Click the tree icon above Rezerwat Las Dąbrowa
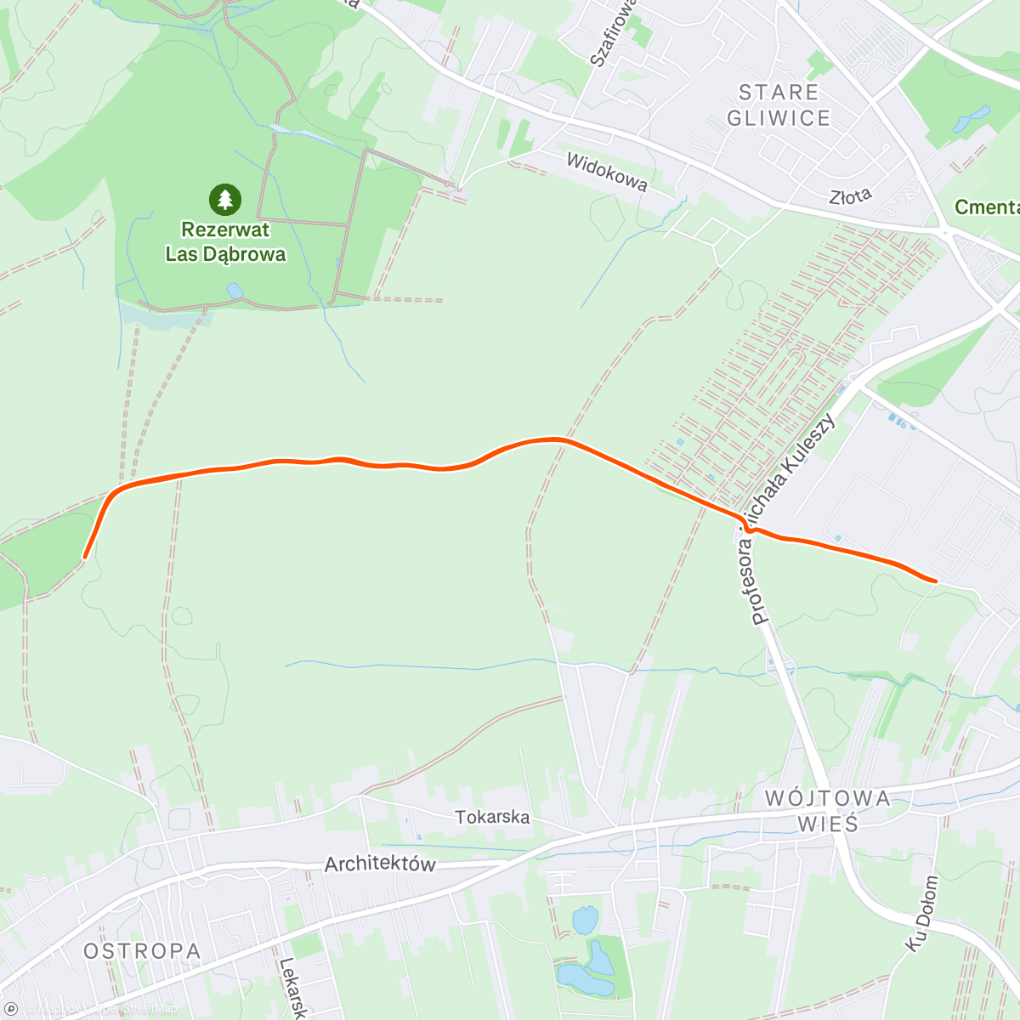pyautogui.click(x=224, y=200)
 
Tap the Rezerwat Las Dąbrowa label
pyautogui.click(x=225, y=241)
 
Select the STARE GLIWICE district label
pyautogui.click(x=779, y=105)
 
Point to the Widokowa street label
pyautogui.click(x=607, y=172)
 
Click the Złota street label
pyautogui.click(x=851, y=196)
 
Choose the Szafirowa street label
pyautogui.click(x=613, y=34)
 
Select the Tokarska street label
pyautogui.click(x=492, y=817)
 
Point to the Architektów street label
pyautogui.click(x=380, y=864)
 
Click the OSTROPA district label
pyautogui.click(x=143, y=951)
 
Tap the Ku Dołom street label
pyautogui.click(x=922, y=914)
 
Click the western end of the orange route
pyautogui.click(x=84, y=557)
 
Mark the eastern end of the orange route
pyautogui.click(x=935, y=581)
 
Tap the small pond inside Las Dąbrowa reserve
pyautogui.click(x=234, y=292)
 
